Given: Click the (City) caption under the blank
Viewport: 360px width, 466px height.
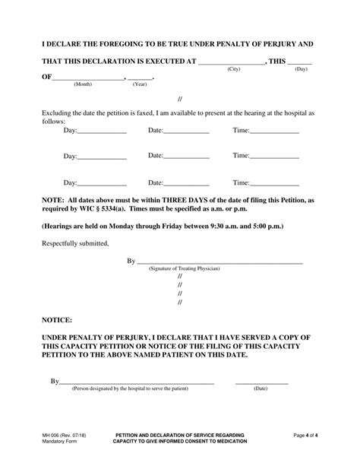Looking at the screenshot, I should (234, 69).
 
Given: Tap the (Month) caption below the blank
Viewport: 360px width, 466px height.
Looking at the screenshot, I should (83, 84).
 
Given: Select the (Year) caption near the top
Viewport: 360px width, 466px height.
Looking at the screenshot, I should (140, 84).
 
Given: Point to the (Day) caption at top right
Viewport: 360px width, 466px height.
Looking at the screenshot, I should (302, 69).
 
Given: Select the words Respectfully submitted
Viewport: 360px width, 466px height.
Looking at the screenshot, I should (75, 243).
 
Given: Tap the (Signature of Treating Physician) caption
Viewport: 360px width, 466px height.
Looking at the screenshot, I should (184, 269).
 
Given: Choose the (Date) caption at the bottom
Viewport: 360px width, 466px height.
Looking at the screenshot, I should (261, 388).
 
